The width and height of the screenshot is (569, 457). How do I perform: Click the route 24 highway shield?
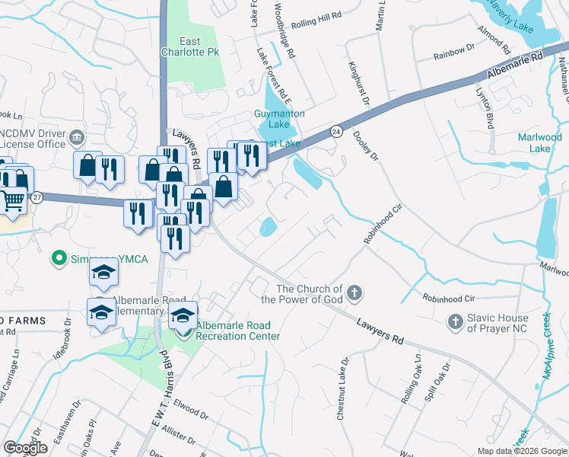click(335, 132)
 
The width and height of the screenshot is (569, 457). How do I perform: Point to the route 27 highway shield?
click(37, 197)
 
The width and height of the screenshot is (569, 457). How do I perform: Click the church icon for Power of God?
click(354, 292)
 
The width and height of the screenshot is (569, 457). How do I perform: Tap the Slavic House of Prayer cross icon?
click(455, 322)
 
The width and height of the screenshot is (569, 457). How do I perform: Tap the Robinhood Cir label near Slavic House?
click(448, 299)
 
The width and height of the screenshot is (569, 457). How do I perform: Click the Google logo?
click(25, 448)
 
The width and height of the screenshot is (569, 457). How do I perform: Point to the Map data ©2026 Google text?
click(522, 451)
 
